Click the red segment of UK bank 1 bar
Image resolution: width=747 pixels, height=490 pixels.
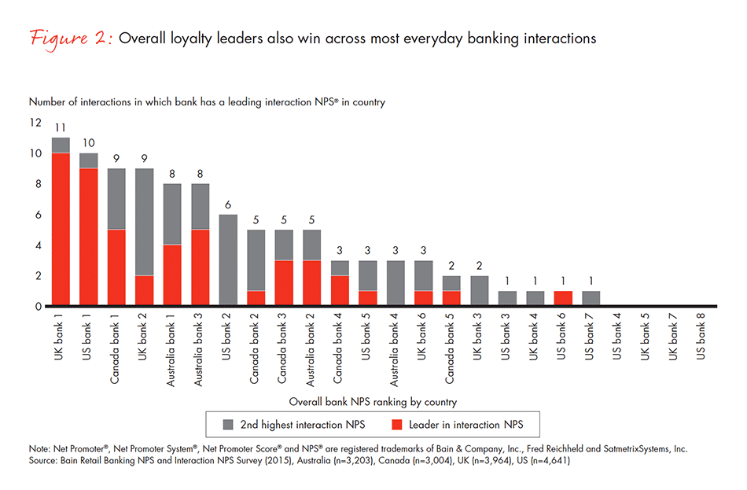point(61,229)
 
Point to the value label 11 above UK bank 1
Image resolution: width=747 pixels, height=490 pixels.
point(61,127)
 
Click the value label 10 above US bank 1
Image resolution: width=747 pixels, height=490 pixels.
point(89,143)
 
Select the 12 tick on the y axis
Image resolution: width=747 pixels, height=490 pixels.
point(35,123)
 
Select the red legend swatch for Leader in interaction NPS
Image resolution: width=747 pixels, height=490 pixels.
point(399,426)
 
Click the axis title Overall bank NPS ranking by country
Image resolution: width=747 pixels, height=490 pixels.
point(373,400)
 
